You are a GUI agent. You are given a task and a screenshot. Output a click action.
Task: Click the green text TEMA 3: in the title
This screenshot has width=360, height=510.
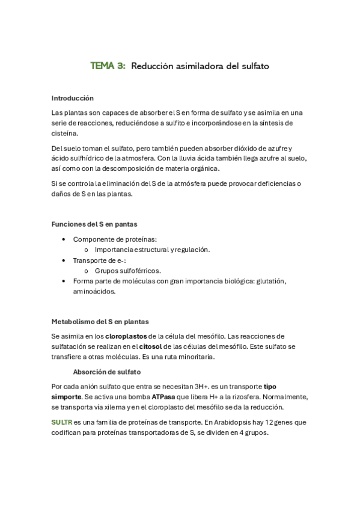pos(108,66)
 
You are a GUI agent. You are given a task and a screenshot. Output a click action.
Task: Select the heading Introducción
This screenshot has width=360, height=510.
pos(73,98)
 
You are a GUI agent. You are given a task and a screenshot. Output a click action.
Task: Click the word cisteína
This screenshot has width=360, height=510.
pos(65,134)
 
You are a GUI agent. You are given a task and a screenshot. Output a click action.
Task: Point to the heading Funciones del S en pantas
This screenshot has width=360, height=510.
pos(94,224)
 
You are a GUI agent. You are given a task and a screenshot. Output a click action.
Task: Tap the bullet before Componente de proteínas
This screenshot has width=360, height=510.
pos(64,239)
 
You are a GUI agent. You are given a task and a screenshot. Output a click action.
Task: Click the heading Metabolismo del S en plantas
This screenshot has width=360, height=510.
pos(100,322)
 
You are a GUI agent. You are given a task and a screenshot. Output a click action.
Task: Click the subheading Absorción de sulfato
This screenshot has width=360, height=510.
pos(107,372)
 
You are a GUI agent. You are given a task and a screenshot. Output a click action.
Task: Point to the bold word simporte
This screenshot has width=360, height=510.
pos(66,397)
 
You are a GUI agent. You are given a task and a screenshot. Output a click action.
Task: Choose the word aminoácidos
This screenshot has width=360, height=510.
pos(94,292)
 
